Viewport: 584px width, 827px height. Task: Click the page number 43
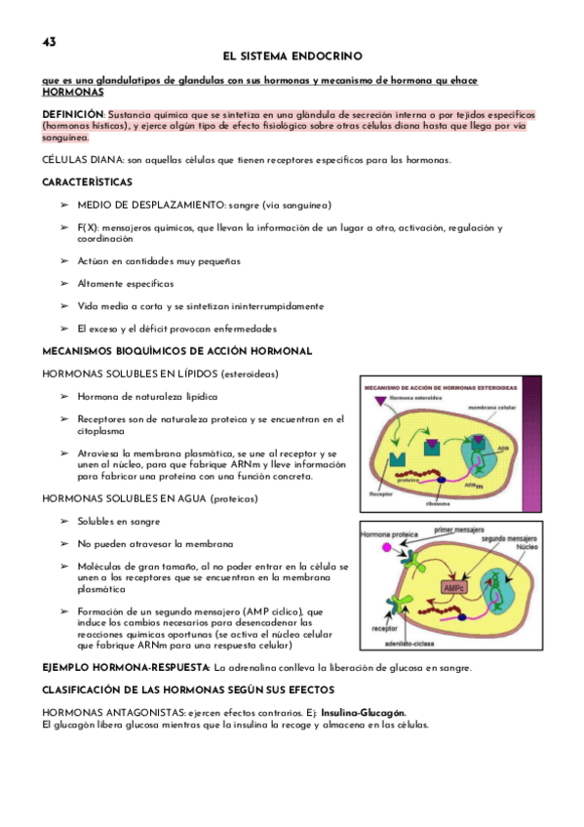(49, 42)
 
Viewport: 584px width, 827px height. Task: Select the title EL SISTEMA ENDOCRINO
(292, 58)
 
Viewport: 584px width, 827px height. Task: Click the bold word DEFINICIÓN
(73, 114)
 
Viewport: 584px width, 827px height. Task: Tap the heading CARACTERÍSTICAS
(88, 182)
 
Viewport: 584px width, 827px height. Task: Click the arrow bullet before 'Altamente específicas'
(64, 284)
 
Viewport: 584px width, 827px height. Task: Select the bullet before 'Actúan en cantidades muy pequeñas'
(64, 261)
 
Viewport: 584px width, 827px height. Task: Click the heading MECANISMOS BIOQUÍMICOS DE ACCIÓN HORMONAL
(177, 351)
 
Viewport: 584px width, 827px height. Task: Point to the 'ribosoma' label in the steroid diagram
(437, 504)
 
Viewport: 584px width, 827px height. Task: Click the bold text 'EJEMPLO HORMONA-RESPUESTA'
(127, 667)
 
